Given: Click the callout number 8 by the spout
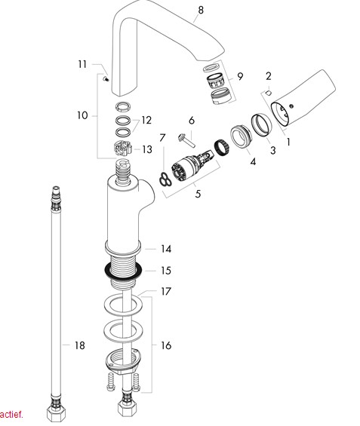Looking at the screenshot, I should (x=200, y=10).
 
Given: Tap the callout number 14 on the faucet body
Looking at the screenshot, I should (x=166, y=248).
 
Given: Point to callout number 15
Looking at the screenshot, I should (x=166, y=270).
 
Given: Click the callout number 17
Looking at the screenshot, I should (x=166, y=291).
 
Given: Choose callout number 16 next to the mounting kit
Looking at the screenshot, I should (x=166, y=345).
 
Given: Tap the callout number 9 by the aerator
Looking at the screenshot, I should (x=239, y=76).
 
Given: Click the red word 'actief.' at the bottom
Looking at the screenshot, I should (x=11, y=414).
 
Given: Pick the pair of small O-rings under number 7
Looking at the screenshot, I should (x=165, y=179).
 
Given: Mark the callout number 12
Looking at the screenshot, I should (x=146, y=120).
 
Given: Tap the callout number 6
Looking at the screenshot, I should (x=192, y=120).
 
